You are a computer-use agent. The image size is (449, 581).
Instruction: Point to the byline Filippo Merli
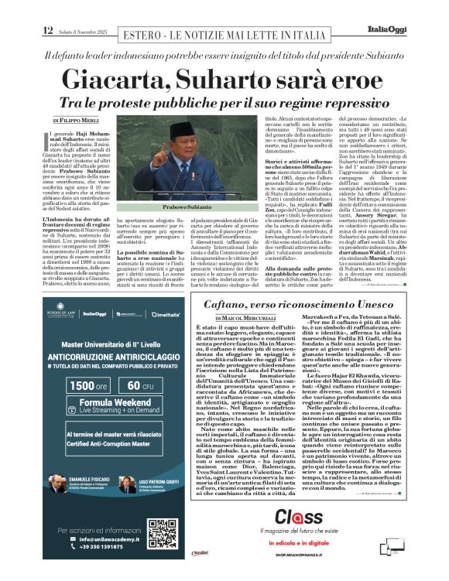pyautogui.click(x=76, y=121)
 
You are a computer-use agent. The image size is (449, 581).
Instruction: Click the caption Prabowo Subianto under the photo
pyautogui.click(x=187, y=208)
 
